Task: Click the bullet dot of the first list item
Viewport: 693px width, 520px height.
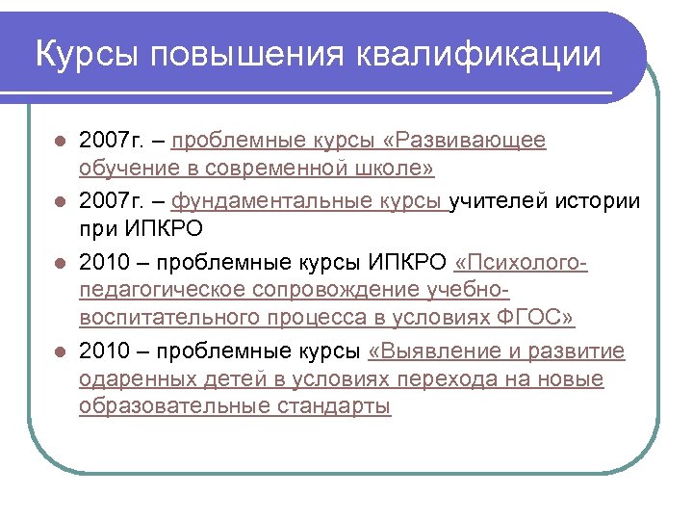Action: (60, 142)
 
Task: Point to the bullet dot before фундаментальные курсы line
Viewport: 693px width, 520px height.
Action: (60, 201)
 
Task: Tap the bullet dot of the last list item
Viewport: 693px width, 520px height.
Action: (60, 351)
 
